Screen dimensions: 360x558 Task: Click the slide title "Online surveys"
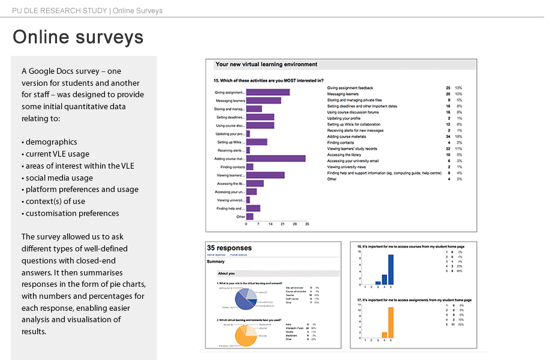(78, 37)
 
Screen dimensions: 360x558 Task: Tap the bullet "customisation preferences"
(72, 213)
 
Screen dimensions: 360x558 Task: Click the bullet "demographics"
(51, 142)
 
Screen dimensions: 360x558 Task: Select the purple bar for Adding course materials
(275, 158)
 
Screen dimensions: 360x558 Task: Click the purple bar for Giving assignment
(268, 92)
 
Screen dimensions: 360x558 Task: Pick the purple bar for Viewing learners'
(265, 175)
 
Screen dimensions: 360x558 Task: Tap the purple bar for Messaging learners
(263, 101)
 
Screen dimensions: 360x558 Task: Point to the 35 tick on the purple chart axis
(307, 223)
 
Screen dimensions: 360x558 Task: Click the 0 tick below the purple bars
(246, 223)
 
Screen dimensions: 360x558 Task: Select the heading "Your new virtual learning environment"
(266, 65)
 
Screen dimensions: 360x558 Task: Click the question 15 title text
(268, 80)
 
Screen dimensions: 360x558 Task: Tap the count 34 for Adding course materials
(448, 137)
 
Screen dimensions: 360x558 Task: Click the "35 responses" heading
(229, 248)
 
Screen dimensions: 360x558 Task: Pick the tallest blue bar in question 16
(391, 270)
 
